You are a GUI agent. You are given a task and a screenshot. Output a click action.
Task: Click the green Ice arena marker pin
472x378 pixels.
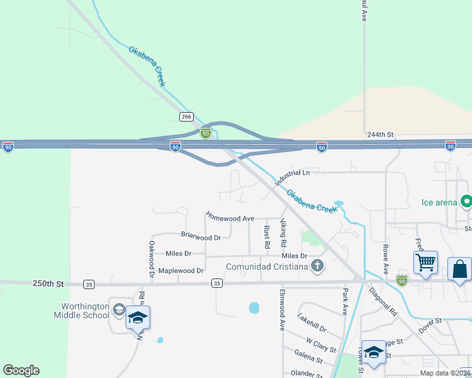click(x=466, y=202)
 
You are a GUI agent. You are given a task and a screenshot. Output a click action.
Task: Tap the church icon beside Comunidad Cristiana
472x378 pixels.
click(x=317, y=266)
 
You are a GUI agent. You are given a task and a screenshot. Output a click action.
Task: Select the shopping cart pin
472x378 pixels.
click(x=426, y=262)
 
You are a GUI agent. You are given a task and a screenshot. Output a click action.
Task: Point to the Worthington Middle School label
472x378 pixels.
click(x=85, y=311)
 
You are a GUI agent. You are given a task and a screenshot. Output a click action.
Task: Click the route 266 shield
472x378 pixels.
click(x=186, y=117)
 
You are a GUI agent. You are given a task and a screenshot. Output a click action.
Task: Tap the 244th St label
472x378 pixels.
click(x=380, y=135)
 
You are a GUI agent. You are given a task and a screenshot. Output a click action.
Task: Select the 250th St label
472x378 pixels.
click(x=49, y=284)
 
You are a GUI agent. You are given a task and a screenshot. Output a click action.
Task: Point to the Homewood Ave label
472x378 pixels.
click(x=230, y=218)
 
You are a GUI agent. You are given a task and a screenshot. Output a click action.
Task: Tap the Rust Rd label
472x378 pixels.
click(x=267, y=236)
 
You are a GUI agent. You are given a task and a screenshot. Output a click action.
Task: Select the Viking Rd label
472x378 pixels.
click(x=284, y=234)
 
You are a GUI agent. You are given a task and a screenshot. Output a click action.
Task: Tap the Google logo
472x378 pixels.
click(x=21, y=370)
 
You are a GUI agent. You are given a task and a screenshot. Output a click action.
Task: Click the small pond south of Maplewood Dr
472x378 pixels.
click(x=254, y=308)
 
